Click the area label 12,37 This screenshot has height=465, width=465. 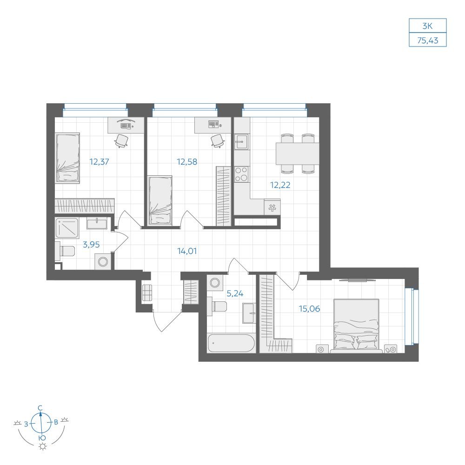tap(100, 162)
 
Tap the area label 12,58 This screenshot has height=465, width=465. tap(187, 162)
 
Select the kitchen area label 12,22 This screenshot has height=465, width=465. tap(280, 185)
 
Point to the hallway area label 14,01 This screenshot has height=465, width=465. tap(187, 251)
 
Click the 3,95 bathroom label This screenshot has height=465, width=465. tap(91, 245)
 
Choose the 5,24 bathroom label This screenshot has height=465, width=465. tap(235, 293)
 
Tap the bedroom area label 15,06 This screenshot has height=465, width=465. tap(309, 309)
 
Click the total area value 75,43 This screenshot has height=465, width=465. tap(428, 40)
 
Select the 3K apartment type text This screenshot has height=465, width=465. tap(427, 26)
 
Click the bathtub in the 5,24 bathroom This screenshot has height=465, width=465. tap(231, 344)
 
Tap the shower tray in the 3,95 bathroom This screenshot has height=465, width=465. tap(67, 228)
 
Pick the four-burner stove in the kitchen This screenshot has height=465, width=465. tap(241, 174)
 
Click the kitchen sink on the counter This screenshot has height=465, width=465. tap(241, 142)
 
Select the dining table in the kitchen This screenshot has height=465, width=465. tap(298, 153)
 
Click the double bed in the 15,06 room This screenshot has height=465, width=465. tap(356, 325)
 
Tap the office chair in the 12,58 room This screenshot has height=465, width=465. tap(217, 140)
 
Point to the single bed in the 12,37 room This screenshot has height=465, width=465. tap(67, 158)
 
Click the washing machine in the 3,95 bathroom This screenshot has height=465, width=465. tap(103, 262)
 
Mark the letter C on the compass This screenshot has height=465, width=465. tap(40, 408)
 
